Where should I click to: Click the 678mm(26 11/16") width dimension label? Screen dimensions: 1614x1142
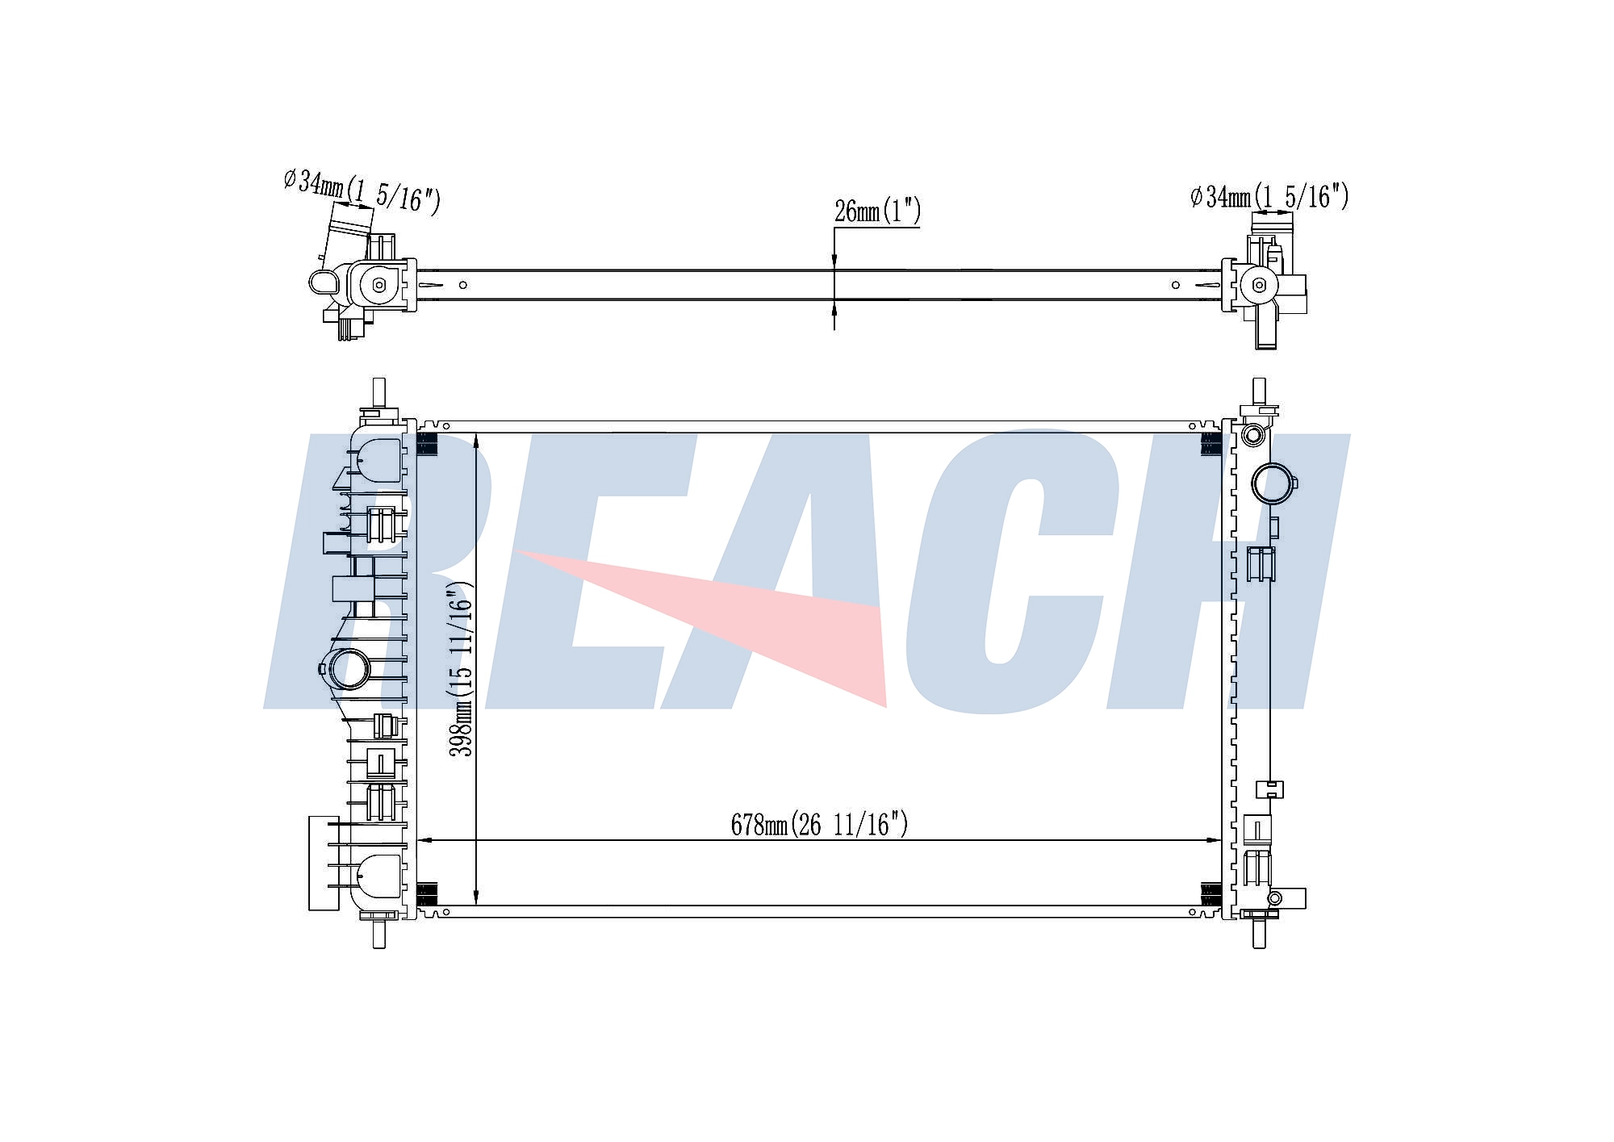(x=819, y=824)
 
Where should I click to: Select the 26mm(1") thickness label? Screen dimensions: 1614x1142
(x=877, y=211)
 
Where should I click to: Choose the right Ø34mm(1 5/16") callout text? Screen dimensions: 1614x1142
(x=1269, y=196)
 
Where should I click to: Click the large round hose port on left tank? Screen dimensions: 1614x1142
(x=349, y=669)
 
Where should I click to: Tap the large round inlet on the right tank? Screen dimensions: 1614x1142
(x=1273, y=483)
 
